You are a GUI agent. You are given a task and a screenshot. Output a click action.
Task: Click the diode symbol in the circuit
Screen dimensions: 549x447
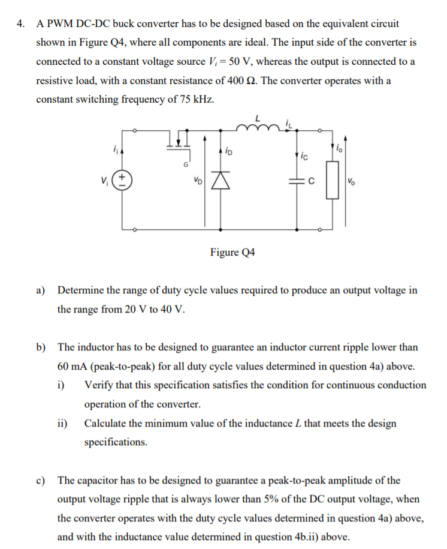point(226,179)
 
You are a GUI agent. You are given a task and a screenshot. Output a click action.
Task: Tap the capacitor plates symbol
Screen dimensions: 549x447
point(298,179)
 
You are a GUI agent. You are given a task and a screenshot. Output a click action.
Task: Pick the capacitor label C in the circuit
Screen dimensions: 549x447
point(312,179)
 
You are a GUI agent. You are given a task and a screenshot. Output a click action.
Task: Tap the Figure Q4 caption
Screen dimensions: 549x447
point(232,252)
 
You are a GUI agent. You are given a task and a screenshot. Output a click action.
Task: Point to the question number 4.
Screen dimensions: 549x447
point(21,25)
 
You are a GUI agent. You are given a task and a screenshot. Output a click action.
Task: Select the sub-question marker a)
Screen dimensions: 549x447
point(41,290)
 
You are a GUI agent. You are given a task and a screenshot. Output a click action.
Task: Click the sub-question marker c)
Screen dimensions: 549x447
point(41,481)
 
